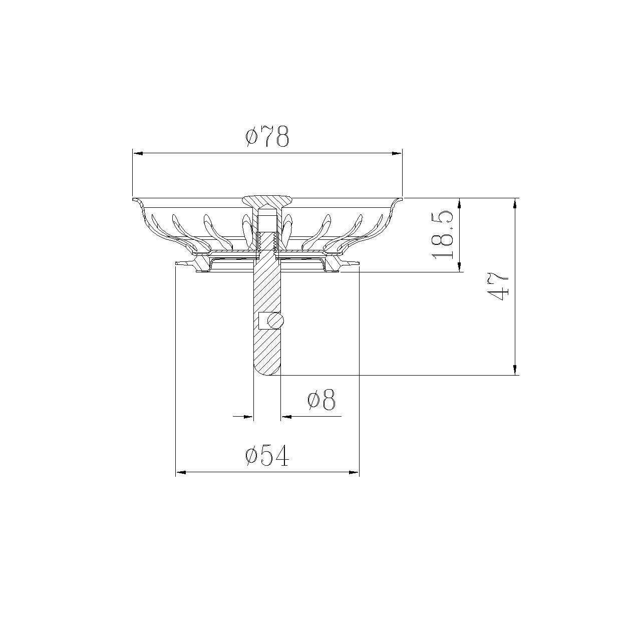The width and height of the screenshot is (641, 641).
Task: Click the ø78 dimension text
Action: coord(267,136)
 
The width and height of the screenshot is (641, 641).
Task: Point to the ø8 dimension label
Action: coord(321,401)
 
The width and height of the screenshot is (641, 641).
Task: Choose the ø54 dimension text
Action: coord(267,456)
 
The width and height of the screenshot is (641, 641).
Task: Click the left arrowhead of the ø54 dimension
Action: coord(181,472)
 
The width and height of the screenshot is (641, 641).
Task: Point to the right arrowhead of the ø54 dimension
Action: coord(354,472)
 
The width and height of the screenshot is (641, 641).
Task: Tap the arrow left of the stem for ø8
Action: coord(248,416)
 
